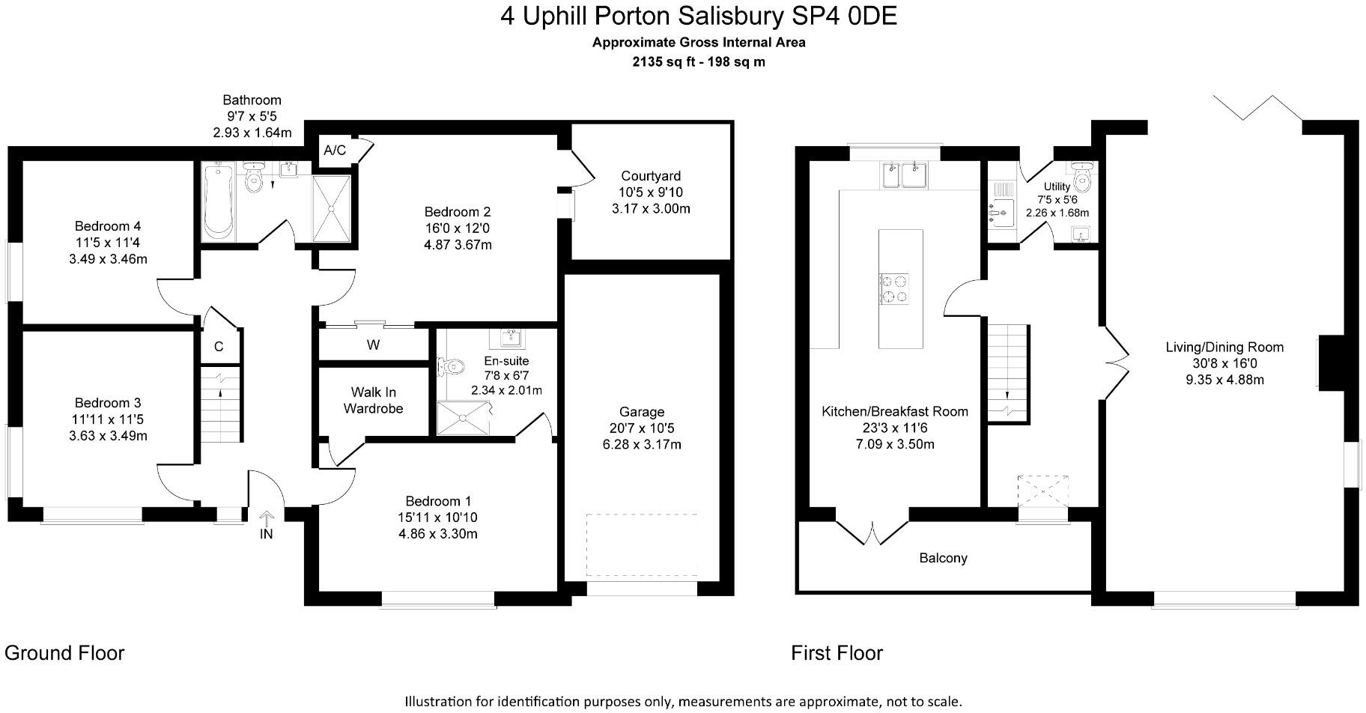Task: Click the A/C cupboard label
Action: [335, 151]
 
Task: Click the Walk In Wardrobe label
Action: [373, 401]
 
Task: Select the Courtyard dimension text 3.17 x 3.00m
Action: [651, 209]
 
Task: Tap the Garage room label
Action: [642, 412]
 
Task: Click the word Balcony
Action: [943, 558]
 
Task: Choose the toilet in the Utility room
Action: [1081, 178]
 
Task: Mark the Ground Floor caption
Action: [64, 653]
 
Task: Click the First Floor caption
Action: [837, 653]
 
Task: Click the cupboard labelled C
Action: [219, 347]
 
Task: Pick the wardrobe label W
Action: [373, 345]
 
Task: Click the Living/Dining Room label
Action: [1224, 347]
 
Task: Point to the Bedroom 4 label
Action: [108, 226]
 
